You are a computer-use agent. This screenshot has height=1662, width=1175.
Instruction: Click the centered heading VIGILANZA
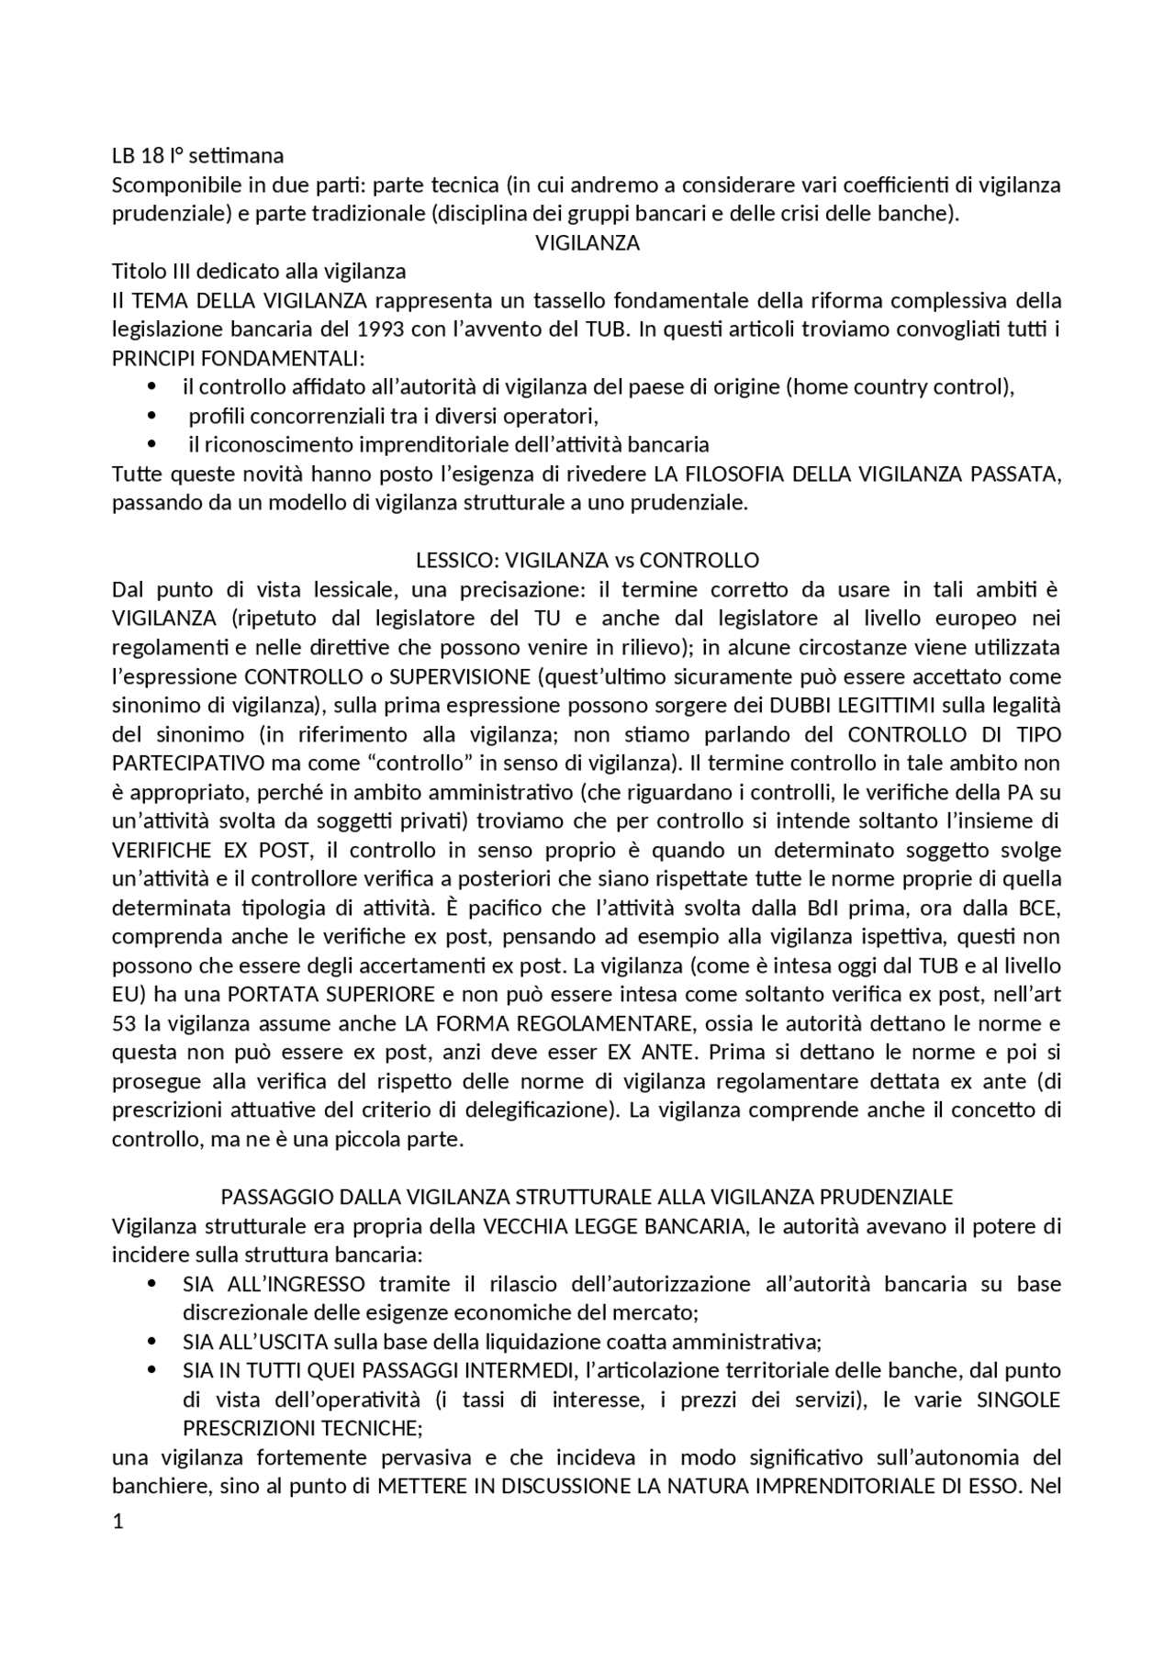(x=587, y=243)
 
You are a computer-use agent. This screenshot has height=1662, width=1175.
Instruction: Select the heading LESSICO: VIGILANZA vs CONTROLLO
(x=587, y=560)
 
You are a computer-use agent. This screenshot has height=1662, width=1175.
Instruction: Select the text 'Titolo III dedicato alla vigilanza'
(x=259, y=272)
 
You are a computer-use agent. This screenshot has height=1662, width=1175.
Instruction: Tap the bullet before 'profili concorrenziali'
(x=152, y=417)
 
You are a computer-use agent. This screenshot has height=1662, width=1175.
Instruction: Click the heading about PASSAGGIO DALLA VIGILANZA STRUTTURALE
(x=587, y=1197)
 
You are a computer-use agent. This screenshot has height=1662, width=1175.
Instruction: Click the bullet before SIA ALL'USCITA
(x=152, y=1342)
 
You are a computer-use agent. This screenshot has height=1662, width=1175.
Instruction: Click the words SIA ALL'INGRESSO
(x=274, y=1284)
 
